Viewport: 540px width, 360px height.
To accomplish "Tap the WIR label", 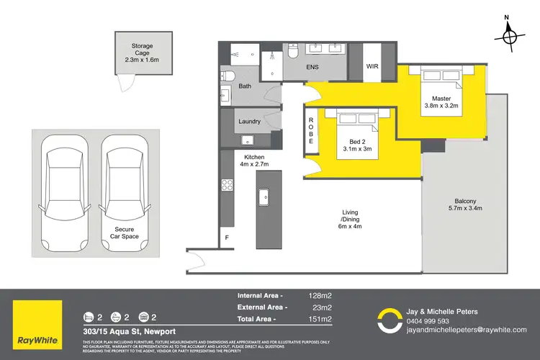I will coord(372,66).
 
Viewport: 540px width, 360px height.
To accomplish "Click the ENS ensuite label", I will coord(312,67).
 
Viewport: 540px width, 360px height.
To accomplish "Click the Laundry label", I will coord(248,122).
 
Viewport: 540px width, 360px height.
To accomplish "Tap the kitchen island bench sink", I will coord(264,196).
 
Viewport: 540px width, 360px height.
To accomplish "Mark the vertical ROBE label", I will coord(311,132).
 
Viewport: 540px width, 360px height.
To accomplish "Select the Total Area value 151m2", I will coord(320,318).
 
